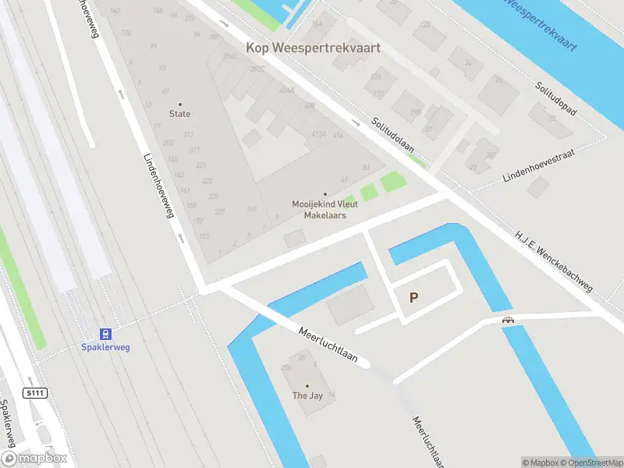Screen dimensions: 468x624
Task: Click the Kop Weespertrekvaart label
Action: tap(314, 48)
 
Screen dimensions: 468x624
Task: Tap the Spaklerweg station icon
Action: tap(106, 333)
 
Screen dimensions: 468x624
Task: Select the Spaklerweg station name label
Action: tap(106, 347)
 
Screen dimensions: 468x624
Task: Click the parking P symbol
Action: tap(413, 297)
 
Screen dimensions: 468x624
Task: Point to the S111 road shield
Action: tap(34, 392)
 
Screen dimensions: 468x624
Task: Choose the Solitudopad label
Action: tap(556, 99)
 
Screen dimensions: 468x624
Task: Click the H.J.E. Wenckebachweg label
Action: tap(554, 261)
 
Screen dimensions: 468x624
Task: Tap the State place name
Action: tap(180, 114)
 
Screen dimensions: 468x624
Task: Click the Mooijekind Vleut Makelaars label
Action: tap(324, 209)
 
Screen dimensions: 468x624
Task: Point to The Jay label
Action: tap(307, 395)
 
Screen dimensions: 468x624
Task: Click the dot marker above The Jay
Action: tap(307, 385)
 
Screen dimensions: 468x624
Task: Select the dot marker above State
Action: tap(180, 104)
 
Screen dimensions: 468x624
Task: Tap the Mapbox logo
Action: tap(34, 459)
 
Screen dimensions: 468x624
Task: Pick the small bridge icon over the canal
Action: tap(508, 319)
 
